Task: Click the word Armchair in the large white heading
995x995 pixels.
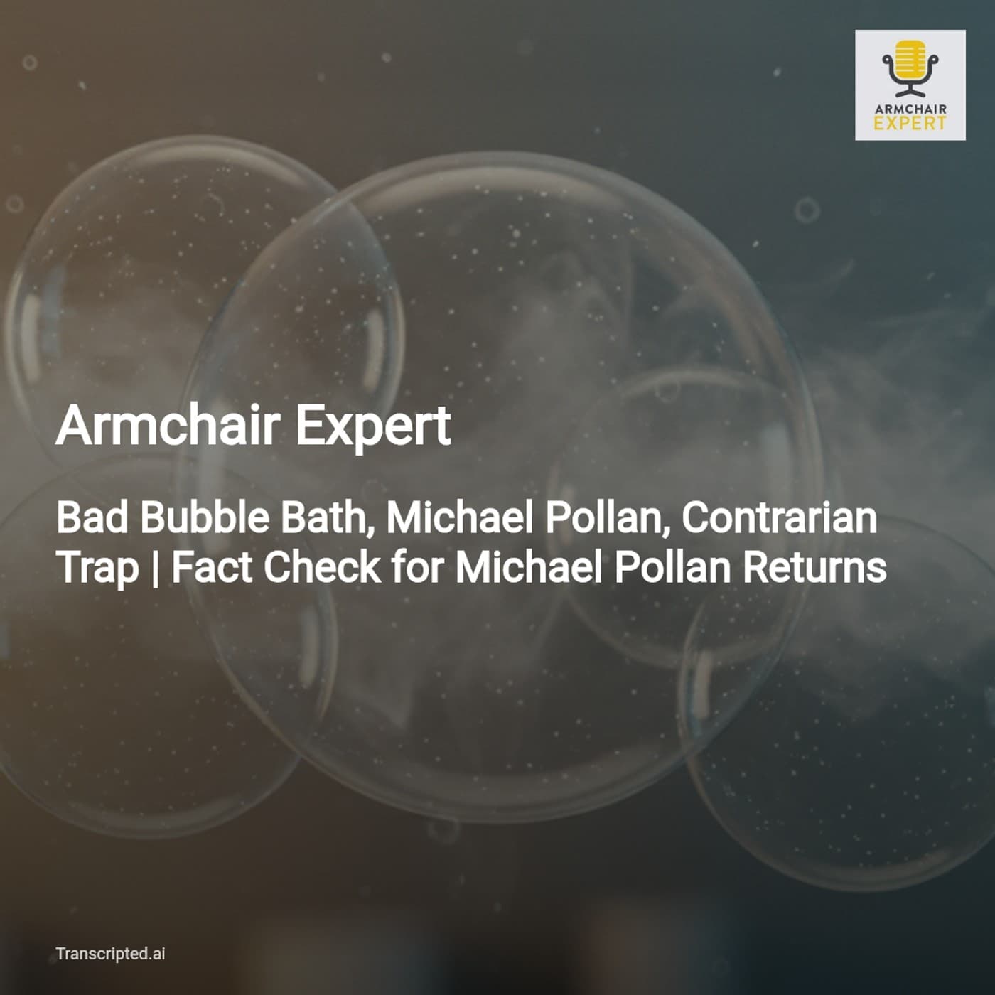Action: [x=167, y=425]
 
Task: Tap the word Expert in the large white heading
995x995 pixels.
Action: [x=372, y=426]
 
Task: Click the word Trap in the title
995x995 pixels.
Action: [x=97, y=569]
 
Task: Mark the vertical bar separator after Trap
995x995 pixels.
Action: [x=156, y=569]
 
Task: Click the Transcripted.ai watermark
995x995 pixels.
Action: [x=110, y=954]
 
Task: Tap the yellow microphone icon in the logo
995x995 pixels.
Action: [x=910, y=67]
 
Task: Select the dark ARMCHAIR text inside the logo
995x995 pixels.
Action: [x=910, y=109]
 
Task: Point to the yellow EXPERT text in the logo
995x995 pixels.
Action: [x=910, y=123]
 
